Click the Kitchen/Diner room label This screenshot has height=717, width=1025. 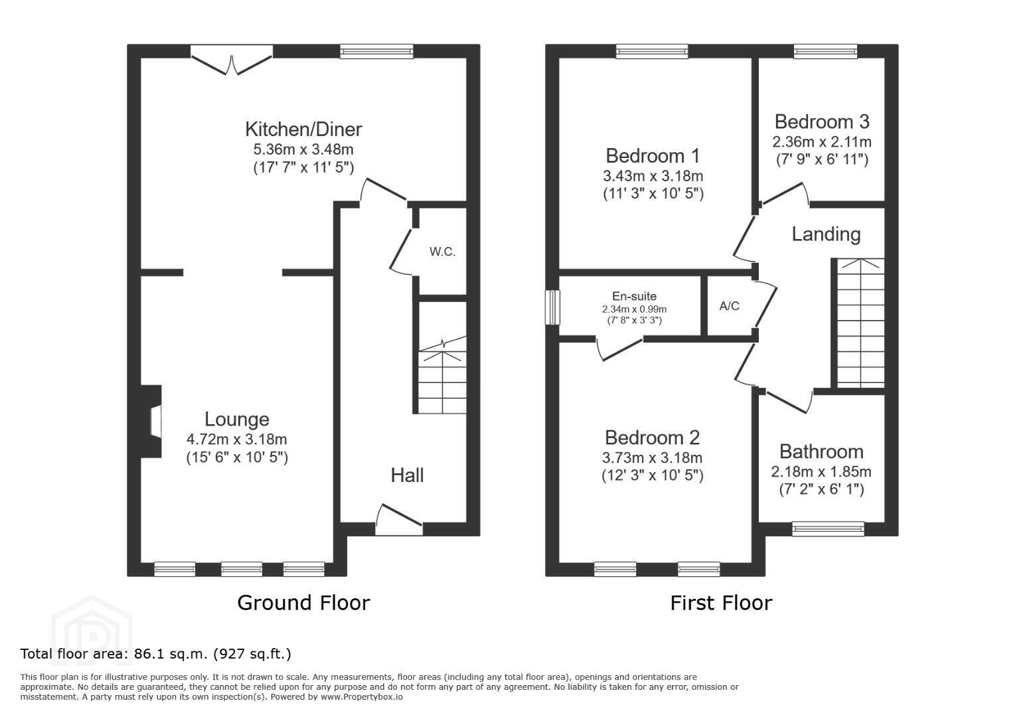[x=303, y=129]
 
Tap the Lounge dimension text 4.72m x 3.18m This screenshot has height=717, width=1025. [x=236, y=439]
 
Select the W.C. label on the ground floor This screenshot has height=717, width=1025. [x=443, y=251]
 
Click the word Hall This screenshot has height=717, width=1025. [x=407, y=475]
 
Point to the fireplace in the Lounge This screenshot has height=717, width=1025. [x=151, y=422]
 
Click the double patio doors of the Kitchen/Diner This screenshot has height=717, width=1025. [x=232, y=60]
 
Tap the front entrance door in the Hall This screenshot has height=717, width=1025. [x=399, y=520]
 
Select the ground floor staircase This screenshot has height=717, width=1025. [x=443, y=375]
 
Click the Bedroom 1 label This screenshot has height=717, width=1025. [x=653, y=156]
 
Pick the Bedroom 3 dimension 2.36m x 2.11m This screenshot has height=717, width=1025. [x=822, y=142]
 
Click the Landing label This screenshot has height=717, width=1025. [x=826, y=234]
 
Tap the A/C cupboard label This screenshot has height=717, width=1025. [x=730, y=305]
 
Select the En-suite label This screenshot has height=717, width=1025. [x=634, y=296]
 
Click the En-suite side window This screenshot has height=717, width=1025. [x=553, y=307]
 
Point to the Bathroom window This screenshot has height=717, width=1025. [x=828, y=529]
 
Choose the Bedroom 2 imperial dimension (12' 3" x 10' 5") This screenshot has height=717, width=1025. [x=653, y=476]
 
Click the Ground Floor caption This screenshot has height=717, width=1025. [x=303, y=603]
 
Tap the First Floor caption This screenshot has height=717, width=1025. [x=721, y=603]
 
